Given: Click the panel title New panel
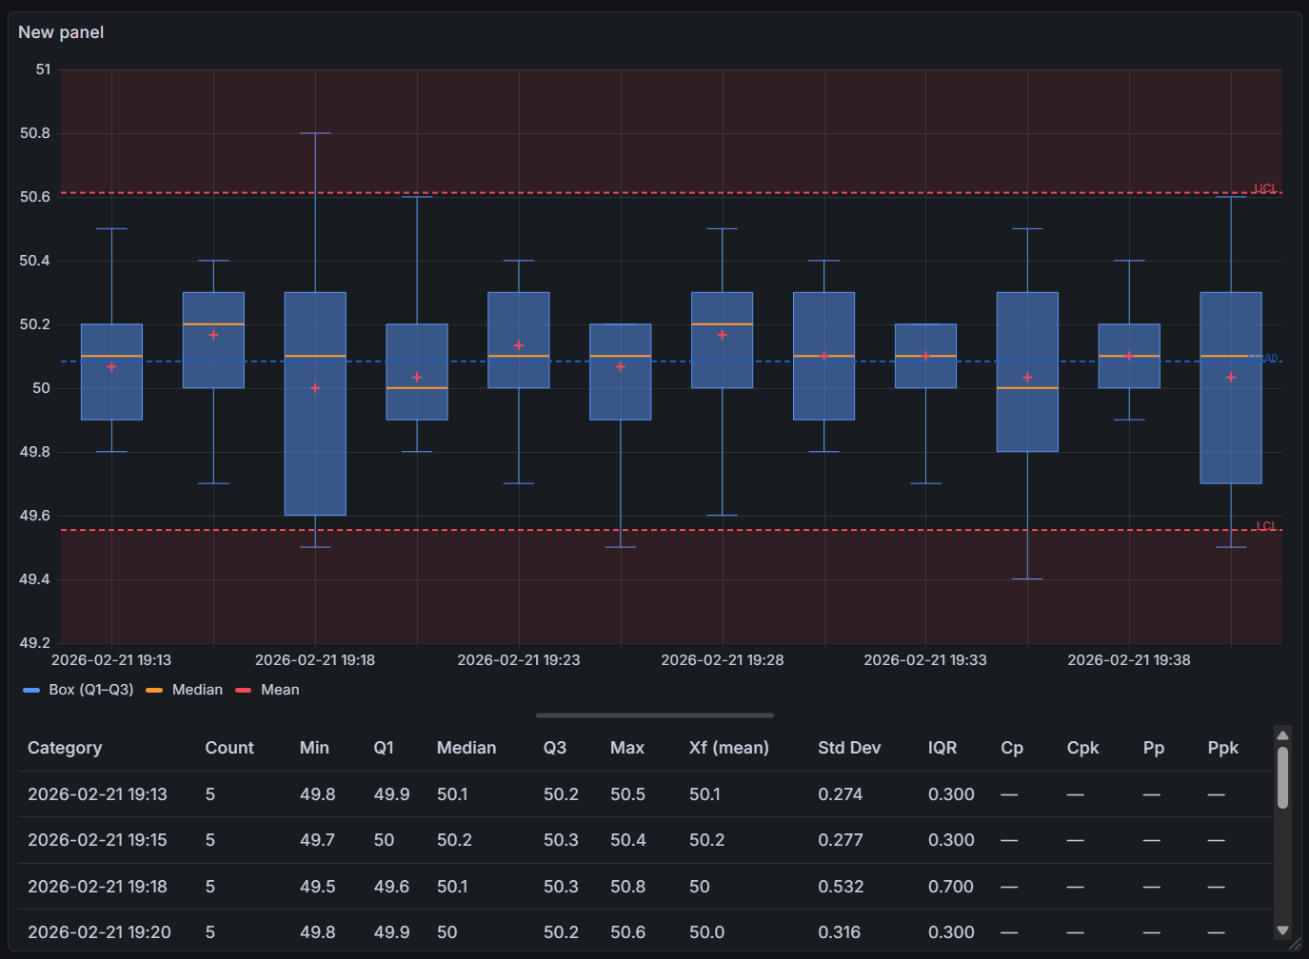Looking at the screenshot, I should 61,32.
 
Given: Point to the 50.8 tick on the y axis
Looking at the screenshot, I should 35,133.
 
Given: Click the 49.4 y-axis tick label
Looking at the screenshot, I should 35,579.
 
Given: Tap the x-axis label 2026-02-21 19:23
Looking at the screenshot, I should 518,660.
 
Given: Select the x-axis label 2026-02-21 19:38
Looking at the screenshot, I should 1128,660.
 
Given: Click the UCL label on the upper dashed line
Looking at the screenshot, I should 1264,188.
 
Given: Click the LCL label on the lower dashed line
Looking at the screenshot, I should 1265,526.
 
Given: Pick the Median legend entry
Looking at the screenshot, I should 197,690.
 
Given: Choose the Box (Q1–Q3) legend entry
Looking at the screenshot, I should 90,690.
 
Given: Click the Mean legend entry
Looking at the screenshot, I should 280,690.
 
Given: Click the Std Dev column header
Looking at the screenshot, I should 848,748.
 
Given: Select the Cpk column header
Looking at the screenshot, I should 1082,748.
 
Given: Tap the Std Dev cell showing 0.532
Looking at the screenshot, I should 841,887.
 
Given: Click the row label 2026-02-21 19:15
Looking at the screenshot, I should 97,840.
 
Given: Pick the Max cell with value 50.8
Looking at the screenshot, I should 627,887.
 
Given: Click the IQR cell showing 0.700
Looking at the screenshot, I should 950,887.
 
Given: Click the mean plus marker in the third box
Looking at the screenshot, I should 315,388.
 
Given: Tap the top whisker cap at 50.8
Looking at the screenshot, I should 315,133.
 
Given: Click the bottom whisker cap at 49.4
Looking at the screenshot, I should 1027,579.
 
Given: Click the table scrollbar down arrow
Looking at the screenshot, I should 1282,930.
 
